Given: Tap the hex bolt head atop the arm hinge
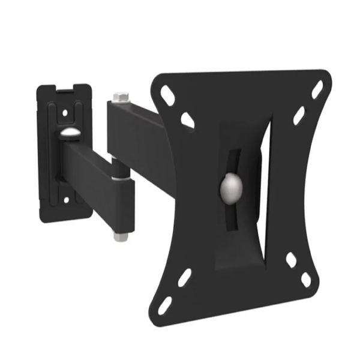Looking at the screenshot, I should click(x=118, y=96).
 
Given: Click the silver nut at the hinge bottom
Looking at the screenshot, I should click(x=120, y=236).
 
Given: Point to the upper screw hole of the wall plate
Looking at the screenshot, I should click(x=64, y=112).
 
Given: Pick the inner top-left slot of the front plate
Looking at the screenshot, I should click(x=187, y=120).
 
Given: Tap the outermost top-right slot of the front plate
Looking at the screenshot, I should click(x=317, y=90).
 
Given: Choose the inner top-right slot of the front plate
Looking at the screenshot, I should click(x=298, y=116).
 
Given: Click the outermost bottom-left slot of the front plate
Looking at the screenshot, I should click(x=166, y=304).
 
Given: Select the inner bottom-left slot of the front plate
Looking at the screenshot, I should click(x=184, y=277).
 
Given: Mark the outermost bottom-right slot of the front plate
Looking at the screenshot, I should click(x=306, y=280).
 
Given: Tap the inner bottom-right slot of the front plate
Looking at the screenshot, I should click(x=290, y=260).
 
